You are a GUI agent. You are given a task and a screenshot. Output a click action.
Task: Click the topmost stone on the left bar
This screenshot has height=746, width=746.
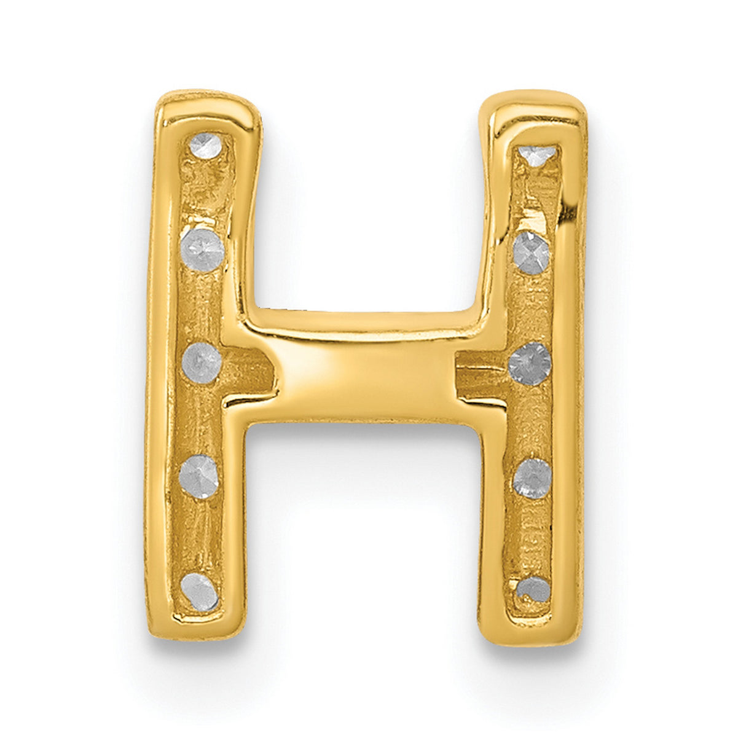point(205,146)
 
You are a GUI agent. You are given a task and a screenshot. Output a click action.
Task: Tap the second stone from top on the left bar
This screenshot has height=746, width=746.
point(202,250)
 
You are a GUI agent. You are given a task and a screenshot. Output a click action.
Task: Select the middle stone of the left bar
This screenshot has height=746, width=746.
point(202,363)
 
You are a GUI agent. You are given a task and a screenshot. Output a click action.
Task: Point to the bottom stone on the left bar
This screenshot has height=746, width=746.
point(200,591)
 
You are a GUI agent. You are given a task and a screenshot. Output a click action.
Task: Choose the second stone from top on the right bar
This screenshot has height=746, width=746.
point(532,253)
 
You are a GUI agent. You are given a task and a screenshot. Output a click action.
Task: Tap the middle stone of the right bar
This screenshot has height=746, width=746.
point(530,364)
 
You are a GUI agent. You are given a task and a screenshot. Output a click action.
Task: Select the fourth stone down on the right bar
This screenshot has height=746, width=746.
point(532,478)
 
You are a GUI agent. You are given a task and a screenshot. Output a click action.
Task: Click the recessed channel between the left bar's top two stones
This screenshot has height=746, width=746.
point(204,197)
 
